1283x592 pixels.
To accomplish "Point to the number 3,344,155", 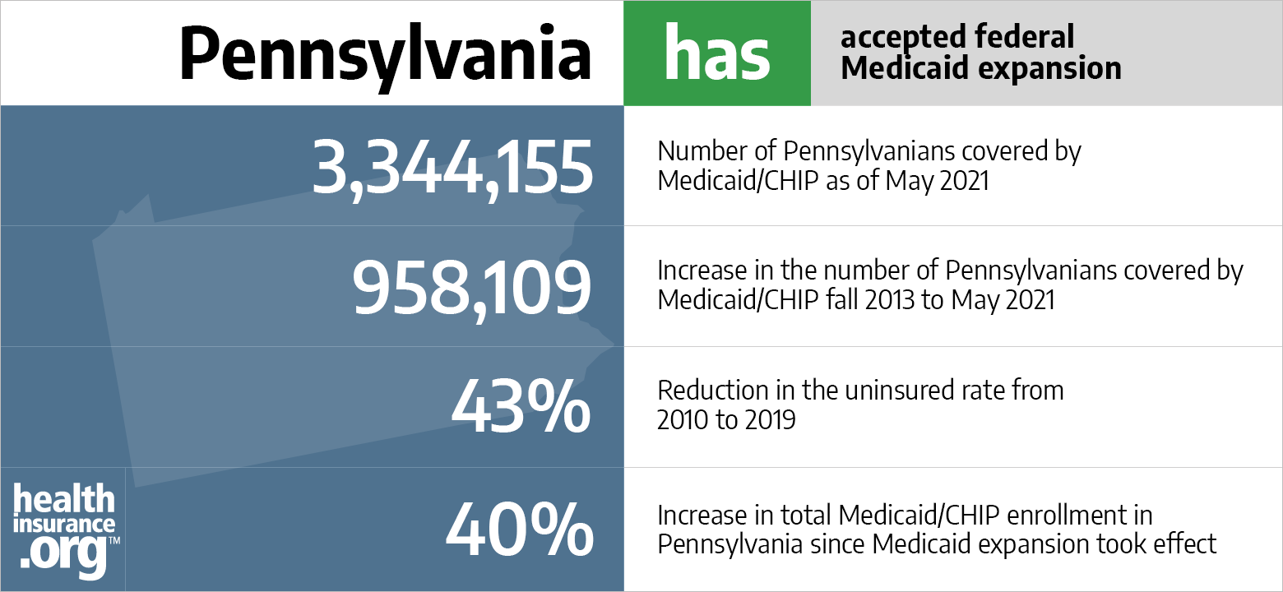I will pyautogui.click(x=452, y=167).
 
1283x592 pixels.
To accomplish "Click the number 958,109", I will pyautogui.click(x=472, y=289).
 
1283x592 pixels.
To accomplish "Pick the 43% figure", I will pyautogui.click(x=521, y=407).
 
